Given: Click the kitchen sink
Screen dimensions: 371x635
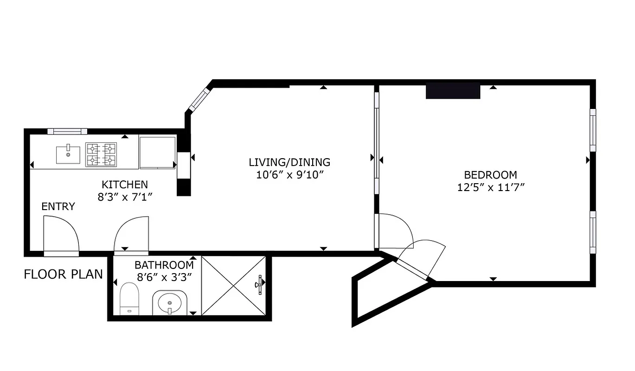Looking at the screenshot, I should (x=68, y=154).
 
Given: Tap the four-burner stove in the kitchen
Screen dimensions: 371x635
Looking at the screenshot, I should (x=101, y=154).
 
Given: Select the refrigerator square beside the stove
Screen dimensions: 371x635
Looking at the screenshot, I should (x=157, y=152).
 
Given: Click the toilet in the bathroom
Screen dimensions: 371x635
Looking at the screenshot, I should (x=129, y=298).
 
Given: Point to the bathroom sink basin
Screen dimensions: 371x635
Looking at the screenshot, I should (x=170, y=303).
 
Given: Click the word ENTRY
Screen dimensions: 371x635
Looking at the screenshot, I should (x=58, y=207).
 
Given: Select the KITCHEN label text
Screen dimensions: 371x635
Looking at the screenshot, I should (x=125, y=185).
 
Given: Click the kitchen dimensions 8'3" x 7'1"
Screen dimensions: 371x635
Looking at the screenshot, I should (x=125, y=197).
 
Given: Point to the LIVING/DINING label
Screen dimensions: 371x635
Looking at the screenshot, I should (x=289, y=162).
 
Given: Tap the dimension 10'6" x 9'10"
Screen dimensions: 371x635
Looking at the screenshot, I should (x=289, y=175).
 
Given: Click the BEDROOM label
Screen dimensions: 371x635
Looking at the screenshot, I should (x=490, y=175).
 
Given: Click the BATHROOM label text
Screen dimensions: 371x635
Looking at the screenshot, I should (x=164, y=265).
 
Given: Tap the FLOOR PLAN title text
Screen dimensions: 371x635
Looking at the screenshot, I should (x=63, y=274).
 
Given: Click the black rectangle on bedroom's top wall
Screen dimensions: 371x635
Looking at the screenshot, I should (x=453, y=91).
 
